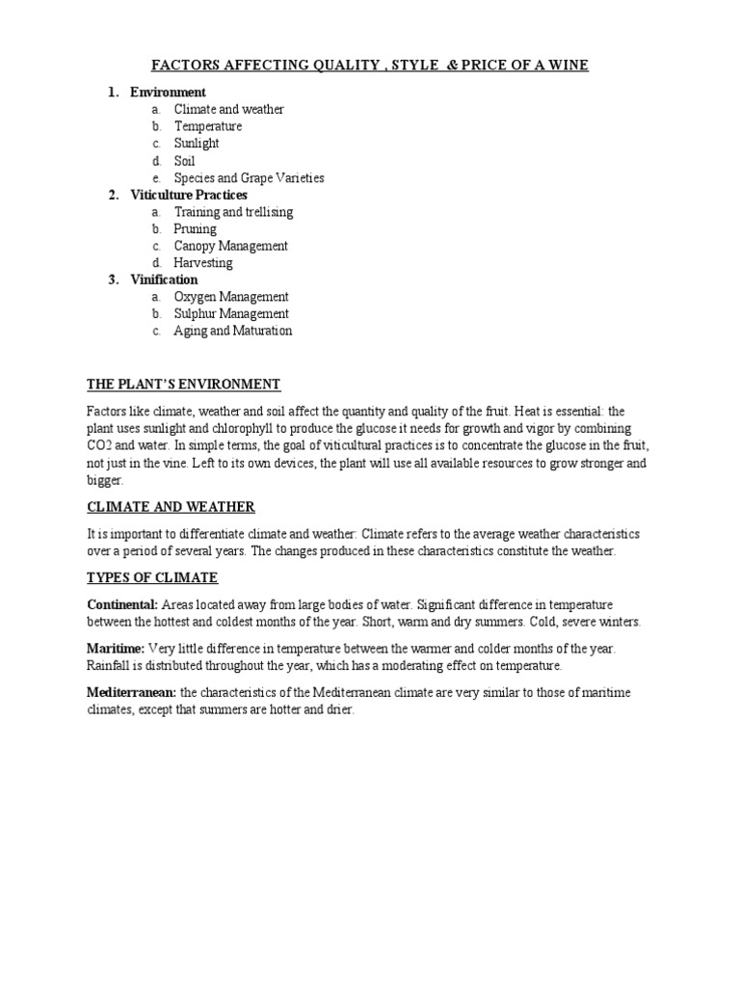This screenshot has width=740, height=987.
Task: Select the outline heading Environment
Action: click(x=168, y=93)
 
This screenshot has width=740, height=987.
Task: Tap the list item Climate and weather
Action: click(x=228, y=110)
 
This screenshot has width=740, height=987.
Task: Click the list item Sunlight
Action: click(x=197, y=144)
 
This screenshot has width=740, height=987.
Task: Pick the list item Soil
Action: click(x=184, y=161)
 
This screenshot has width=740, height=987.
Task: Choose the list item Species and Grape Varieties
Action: click(x=249, y=178)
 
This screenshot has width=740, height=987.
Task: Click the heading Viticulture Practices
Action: click(x=189, y=195)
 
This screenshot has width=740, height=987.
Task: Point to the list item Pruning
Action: click(x=195, y=229)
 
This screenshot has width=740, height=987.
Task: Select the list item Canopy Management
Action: click(x=230, y=246)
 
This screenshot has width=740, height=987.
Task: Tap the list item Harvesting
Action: click(x=202, y=263)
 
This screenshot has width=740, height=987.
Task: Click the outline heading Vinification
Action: click(x=164, y=280)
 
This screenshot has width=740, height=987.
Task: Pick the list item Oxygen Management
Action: click(x=230, y=297)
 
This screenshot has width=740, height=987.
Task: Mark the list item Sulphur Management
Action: click(x=230, y=314)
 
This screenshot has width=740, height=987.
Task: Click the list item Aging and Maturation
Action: click(x=232, y=332)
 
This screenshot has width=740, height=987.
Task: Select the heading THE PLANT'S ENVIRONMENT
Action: click(x=183, y=385)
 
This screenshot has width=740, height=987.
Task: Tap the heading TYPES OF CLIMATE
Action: click(x=152, y=578)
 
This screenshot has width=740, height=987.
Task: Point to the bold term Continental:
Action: click(x=122, y=605)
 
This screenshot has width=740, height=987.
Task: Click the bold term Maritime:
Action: click(x=116, y=649)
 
